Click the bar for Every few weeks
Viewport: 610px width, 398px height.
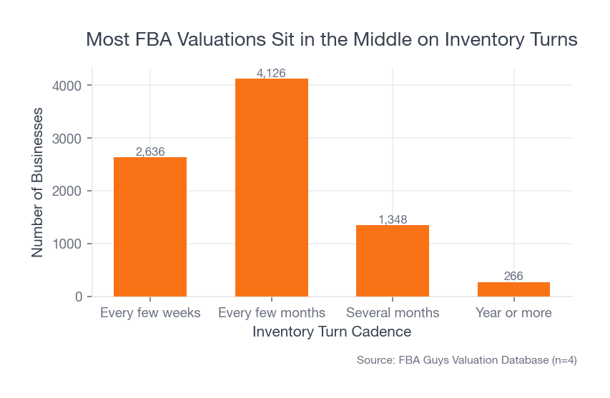click(x=150, y=227)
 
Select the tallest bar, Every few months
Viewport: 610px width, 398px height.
click(x=272, y=187)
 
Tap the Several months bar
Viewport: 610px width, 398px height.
click(x=393, y=261)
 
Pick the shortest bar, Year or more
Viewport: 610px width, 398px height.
click(x=513, y=289)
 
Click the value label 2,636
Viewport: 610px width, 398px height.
click(x=150, y=151)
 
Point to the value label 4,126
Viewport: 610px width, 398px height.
click(x=272, y=73)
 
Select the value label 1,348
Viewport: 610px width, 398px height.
click(x=393, y=219)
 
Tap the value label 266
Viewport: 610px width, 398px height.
click(x=513, y=277)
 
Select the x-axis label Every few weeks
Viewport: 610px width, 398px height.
click(x=150, y=313)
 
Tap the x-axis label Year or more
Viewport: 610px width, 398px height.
click(x=513, y=313)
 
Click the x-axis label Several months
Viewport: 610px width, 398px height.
click(x=393, y=313)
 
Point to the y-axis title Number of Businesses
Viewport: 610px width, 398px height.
click(x=38, y=182)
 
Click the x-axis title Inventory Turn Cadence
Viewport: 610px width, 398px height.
click(x=332, y=332)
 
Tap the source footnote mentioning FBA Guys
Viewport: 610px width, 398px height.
click(x=466, y=361)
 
